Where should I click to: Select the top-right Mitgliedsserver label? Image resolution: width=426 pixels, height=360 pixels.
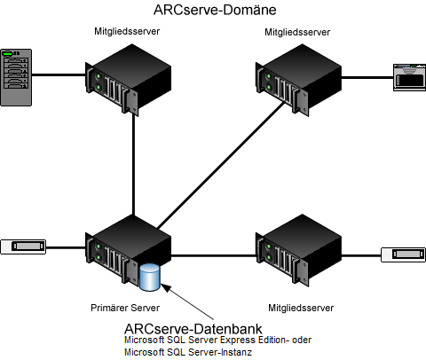pyautogui.click(x=296, y=32)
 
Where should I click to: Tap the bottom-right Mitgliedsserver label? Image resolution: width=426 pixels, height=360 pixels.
pyautogui.click(x=297, y=308)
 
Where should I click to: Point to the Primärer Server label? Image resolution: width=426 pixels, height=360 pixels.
pyautogui.click(x=124, y=308)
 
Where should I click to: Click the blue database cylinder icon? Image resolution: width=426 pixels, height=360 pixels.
pyautogui.click(x=150, y=277)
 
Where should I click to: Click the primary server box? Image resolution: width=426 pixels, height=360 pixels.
pyautogui.click(x=126, y=252)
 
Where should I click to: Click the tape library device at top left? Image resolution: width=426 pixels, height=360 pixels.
pyautogui.click(x=16, y=77)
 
